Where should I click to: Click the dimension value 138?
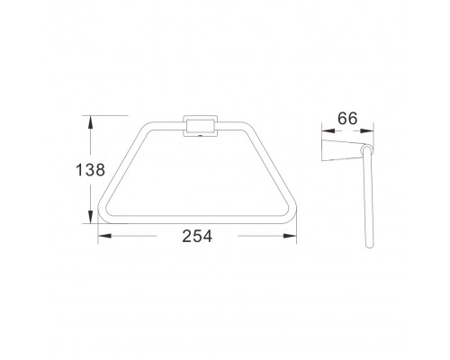coord(90,170)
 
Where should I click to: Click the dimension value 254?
coord(197,236)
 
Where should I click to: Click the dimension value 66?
coord(347,118)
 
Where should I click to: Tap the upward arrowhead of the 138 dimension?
coord(90,122)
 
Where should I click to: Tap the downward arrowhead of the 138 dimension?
coord(90,217)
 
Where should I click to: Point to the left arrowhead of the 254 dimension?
coord(104,236)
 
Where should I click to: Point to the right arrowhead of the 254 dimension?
coord(290,236)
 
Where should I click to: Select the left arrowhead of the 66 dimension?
coord(328,130)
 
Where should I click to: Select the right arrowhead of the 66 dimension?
coord(367,130)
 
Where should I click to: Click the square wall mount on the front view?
coord(200,126)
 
